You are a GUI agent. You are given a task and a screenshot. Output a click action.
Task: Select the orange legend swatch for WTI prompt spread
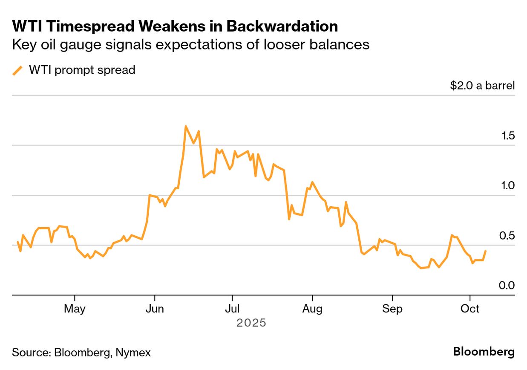[17, 70]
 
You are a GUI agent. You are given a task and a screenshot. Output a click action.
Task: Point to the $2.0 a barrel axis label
[482, 85]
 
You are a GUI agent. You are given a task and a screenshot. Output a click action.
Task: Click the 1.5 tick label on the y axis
[508, 136]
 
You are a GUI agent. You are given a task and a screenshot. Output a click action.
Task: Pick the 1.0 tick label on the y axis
[508, 186]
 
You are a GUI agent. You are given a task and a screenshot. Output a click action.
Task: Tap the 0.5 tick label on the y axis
[508, 236]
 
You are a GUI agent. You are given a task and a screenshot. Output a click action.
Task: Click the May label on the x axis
[75, 309]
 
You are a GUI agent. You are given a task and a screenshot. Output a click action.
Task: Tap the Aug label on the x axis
[312, 309]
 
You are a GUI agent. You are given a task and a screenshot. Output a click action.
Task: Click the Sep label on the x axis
[392, 309]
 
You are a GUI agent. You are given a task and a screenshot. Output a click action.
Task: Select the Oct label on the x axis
[469, 309]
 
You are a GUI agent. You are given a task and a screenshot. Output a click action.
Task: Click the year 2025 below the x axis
[251, 323]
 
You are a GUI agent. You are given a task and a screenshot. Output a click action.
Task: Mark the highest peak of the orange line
[185, 126]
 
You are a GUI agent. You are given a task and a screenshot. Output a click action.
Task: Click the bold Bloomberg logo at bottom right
[484, 352]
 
